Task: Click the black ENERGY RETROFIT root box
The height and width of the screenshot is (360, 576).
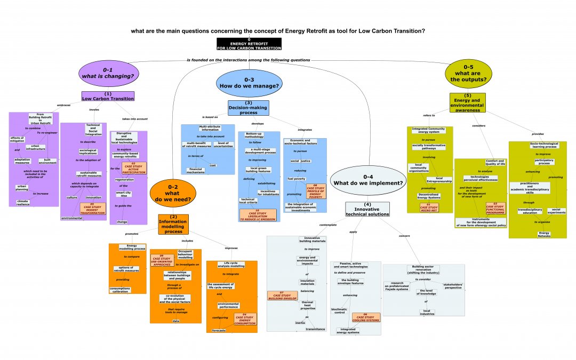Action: coord(249,45)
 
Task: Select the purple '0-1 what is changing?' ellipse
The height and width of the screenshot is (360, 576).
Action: coord(108,74)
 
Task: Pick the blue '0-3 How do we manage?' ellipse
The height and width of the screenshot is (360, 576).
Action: coord(249,83)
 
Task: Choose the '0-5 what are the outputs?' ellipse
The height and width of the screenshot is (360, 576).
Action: coord(469,73)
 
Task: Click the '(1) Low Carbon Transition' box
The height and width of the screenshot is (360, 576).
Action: coord(108,97)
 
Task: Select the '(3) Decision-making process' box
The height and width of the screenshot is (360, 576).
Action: coord(248,108)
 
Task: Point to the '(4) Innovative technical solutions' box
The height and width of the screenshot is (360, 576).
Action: coord(367,209)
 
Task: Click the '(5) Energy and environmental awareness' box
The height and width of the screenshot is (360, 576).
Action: coord(468,102)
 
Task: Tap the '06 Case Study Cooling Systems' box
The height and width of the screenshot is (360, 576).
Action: coord(366,318)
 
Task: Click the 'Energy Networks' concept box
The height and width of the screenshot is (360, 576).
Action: coord(543,234)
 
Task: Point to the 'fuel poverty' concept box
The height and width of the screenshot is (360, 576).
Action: coord(296,179)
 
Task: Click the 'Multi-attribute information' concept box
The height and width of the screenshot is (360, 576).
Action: coord(210,128)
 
